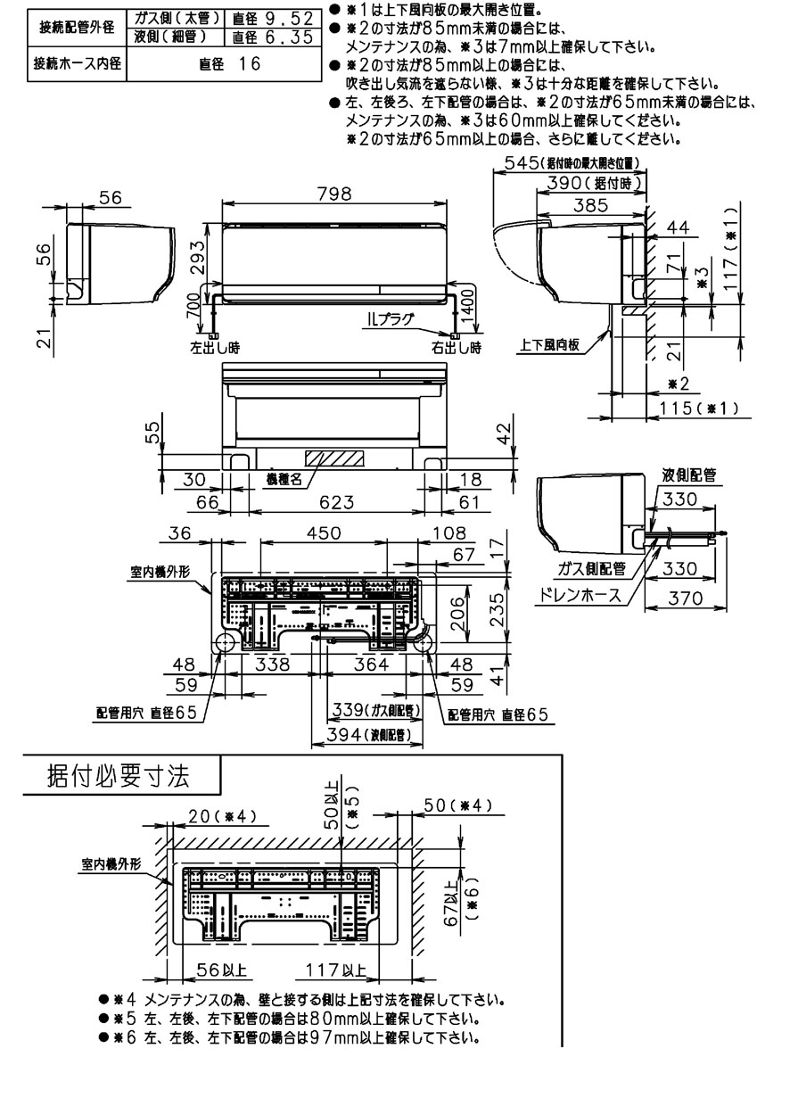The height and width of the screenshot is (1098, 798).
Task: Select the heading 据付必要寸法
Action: pos(118,775)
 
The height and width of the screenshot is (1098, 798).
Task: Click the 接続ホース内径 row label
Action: pos(78,64)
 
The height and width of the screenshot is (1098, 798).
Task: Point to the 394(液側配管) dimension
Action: pos(366,734)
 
